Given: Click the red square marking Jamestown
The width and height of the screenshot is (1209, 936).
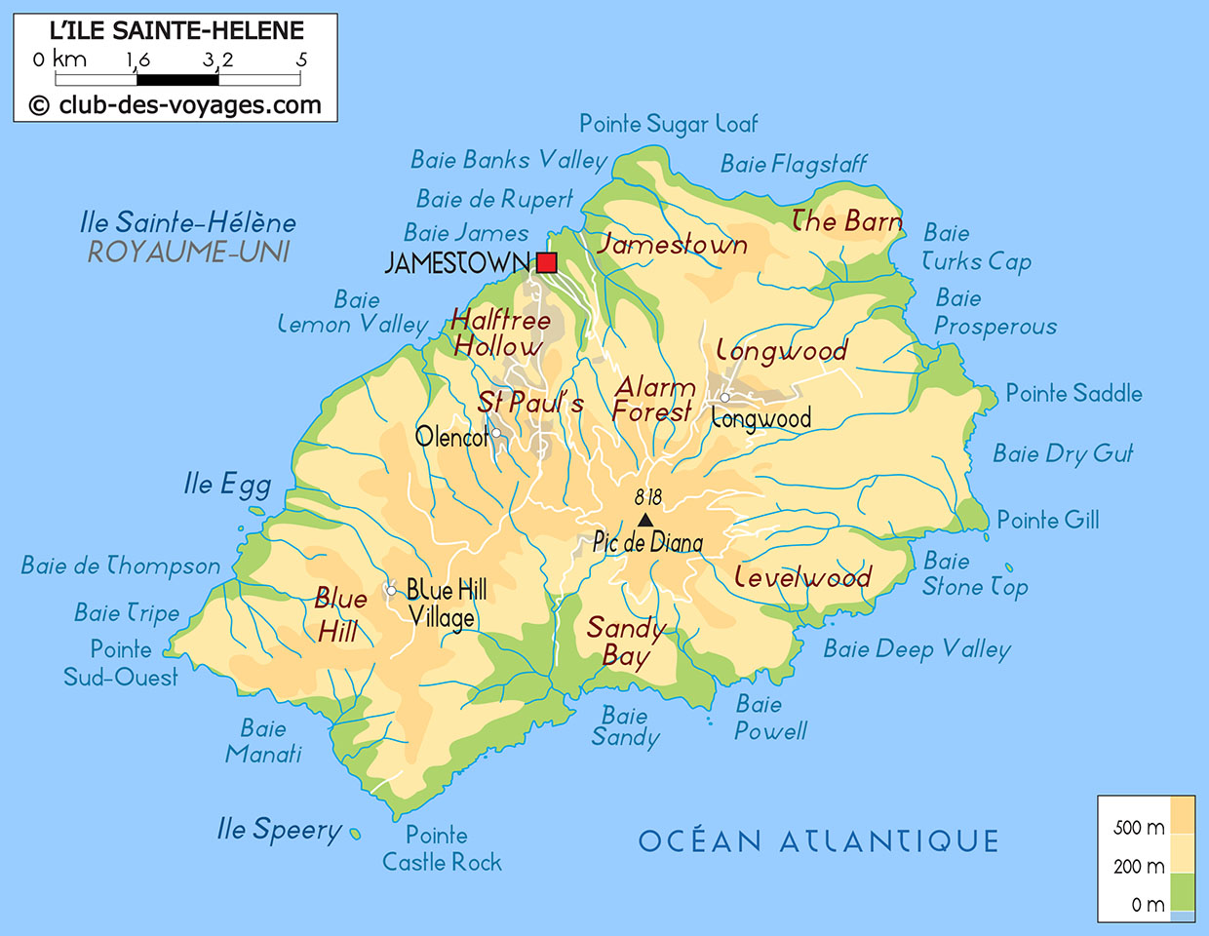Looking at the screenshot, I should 546,262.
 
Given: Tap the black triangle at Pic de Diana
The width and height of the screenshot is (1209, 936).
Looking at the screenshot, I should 644,521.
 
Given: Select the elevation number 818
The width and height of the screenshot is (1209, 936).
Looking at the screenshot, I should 647,497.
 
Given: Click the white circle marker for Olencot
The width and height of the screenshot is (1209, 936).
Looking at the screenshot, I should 495,433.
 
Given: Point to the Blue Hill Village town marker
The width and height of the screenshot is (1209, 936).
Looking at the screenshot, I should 391,590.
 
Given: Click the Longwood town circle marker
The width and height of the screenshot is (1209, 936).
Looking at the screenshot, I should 724,397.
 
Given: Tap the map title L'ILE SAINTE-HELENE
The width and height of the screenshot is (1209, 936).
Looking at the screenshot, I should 176,30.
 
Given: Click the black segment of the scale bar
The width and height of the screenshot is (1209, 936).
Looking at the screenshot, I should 176,80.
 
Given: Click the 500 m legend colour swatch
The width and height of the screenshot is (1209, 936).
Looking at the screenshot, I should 1182,815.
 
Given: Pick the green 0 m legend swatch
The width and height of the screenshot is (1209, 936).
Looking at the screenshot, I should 1182,891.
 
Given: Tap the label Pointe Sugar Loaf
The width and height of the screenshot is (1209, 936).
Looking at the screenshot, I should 668,124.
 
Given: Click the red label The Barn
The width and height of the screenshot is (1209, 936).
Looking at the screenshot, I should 846,222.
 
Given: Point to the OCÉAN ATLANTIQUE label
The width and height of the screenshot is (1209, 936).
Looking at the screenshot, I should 818,840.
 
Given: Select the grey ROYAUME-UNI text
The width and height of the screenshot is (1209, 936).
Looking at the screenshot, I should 189,253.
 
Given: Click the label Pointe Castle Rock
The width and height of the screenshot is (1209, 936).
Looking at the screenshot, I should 442,848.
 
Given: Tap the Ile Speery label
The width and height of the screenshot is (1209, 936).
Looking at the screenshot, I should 280,830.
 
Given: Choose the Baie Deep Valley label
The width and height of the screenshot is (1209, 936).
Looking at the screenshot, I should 916,649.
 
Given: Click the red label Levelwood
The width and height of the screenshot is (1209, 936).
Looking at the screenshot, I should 802,577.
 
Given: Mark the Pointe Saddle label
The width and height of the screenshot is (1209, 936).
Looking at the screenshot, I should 1073,393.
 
